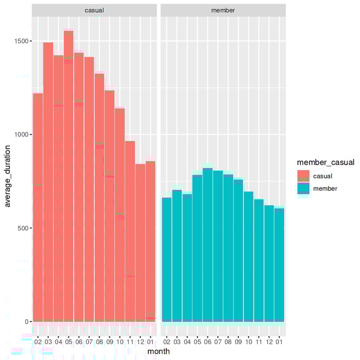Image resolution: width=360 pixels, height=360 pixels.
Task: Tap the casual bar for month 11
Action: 130,231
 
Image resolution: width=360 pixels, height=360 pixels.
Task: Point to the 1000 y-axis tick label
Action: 22,135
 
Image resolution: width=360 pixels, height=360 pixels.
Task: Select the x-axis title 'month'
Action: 158,351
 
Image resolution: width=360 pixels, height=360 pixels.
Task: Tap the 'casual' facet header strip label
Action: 94,10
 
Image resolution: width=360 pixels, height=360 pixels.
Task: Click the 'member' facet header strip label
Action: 223,10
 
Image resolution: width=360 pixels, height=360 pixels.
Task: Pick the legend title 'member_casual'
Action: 326,163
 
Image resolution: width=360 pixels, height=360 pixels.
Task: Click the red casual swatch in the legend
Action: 303,176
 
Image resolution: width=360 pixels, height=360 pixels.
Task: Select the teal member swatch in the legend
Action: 303,188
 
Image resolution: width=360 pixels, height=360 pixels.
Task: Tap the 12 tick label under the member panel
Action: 269,342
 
